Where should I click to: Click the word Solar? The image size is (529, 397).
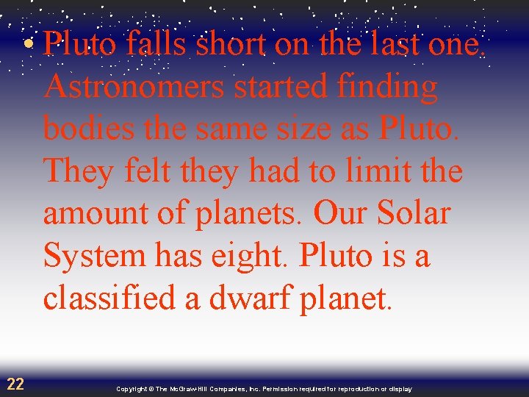pos(414,214)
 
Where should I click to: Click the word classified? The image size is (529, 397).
pos(112,298)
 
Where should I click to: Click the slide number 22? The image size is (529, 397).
pos(15,383)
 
